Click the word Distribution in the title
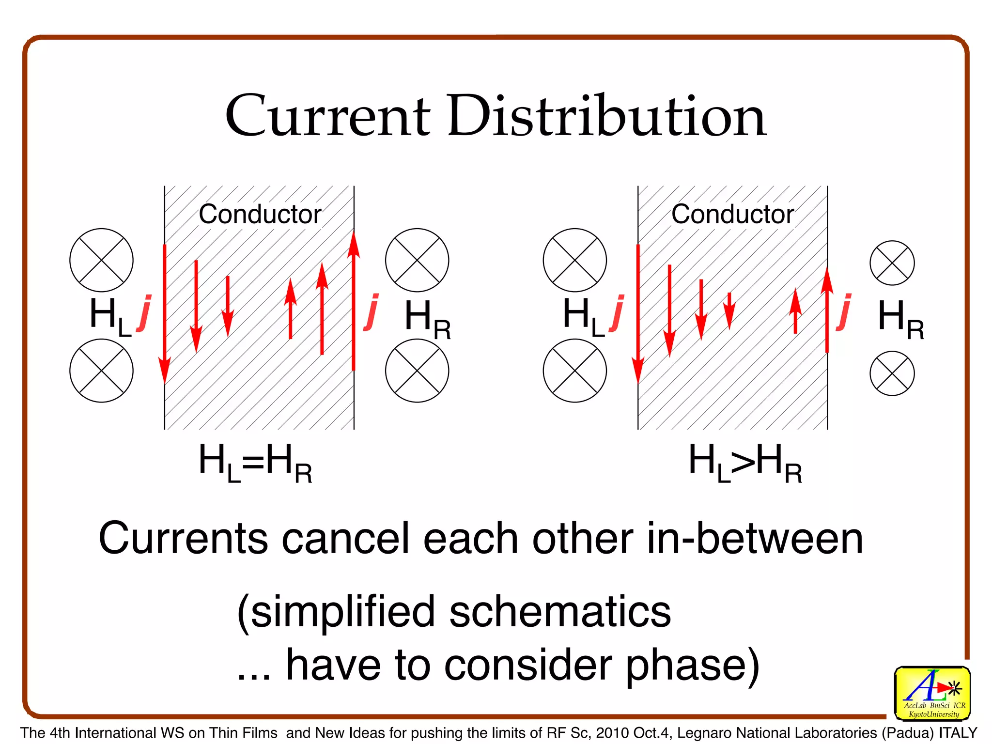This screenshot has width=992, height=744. click(606, 116)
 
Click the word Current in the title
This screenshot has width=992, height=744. click(327, 116)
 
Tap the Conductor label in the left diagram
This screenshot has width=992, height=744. click(260, 214)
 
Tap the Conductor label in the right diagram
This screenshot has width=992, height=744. click(732, 214)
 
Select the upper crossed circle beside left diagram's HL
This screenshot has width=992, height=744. click(101, 260)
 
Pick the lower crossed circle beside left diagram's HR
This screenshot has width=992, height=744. click(417, 371)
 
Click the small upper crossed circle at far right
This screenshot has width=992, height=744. click(892, 263)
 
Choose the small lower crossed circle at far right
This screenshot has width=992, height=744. click(892, 373)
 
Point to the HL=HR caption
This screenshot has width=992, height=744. click(255, 463)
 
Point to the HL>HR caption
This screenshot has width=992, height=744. click(745, 463)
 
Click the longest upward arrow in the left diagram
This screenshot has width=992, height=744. click(354, 300)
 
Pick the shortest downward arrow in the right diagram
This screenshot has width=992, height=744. click(729, 310)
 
